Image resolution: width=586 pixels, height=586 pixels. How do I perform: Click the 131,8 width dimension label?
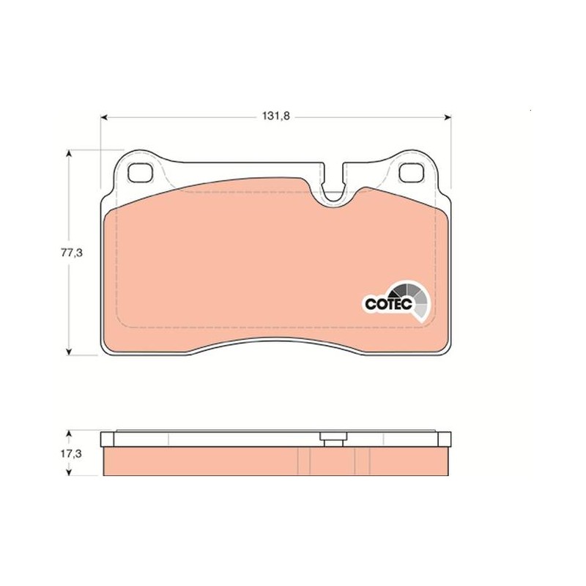tap(276, 116)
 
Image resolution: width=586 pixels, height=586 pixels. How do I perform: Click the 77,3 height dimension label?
tap(72, 253)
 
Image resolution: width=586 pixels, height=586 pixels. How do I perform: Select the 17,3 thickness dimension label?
tap(71, 453)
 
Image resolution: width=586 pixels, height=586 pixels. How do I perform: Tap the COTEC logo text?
tap(388, 303)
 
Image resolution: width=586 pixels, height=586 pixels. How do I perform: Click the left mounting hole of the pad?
tap(140, 173)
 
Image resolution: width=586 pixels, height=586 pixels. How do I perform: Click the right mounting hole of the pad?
tap(411, 173)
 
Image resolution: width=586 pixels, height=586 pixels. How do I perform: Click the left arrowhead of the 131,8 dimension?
tap(104, 117)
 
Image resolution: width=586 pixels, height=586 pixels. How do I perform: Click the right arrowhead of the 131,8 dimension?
tap(447, 117)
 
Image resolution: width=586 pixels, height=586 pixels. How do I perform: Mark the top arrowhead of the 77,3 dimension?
tap(68, 153)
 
